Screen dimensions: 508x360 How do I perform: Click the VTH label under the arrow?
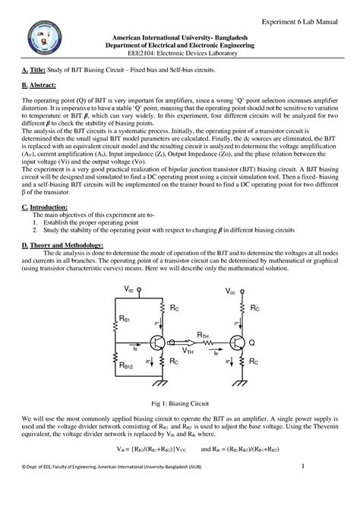187,352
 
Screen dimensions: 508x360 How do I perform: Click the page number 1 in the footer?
304,487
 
